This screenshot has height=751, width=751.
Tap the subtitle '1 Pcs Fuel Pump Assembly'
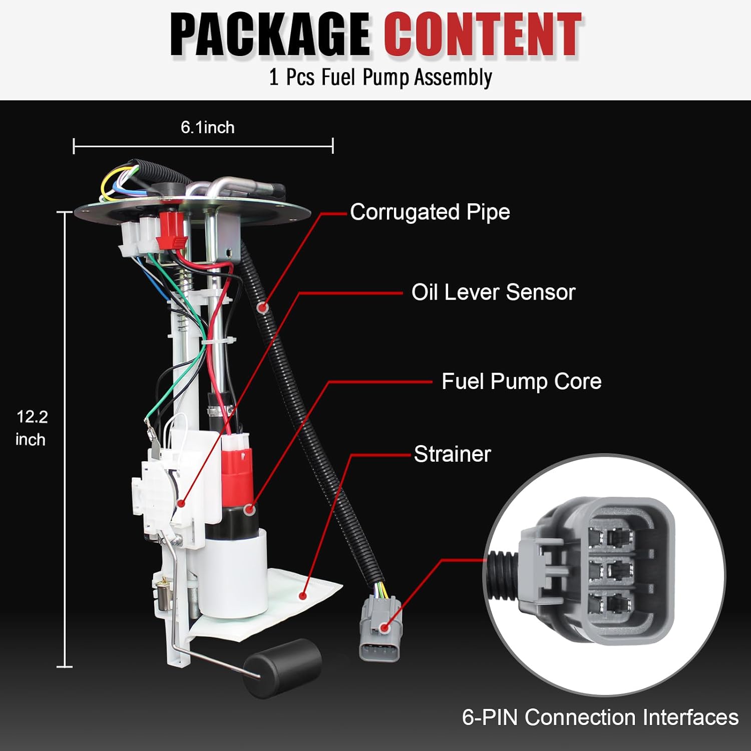point(381,78)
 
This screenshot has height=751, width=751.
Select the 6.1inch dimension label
point(207,128)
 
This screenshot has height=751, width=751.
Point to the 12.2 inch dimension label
point(32,428)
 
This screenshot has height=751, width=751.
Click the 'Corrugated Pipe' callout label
point(430,212)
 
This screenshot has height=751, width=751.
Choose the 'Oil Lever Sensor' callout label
point(493,292)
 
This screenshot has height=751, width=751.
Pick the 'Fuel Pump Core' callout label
point(521,382)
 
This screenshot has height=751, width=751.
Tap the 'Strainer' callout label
point(452,454)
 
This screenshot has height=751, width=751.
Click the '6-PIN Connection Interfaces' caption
point(600,717)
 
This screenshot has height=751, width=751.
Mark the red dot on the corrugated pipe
point(262,307)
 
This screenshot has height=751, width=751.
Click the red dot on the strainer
point(302,595)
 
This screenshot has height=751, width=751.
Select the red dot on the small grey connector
point(384,627)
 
